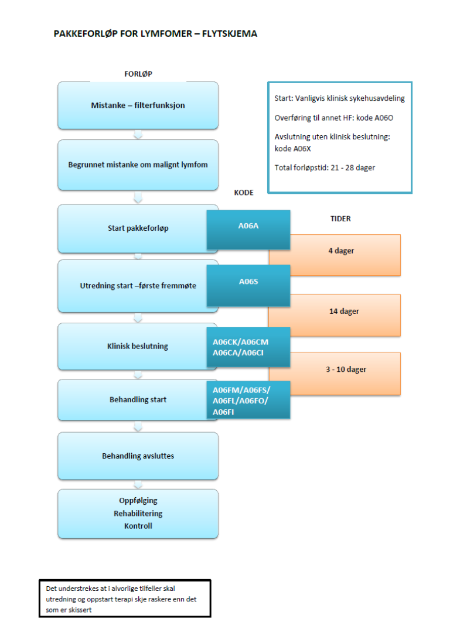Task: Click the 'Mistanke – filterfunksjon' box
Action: tap(138, 105)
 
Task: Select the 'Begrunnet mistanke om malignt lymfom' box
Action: tap(138, 165)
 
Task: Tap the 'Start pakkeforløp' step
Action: tap(132, 228)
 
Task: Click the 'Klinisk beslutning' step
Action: tap(132, 346)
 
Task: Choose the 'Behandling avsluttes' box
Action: tap(138, 456)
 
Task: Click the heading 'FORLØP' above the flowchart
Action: tap(138, 74)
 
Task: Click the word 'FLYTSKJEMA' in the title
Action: tap(229, 34)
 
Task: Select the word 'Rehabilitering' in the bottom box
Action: tap(138, 514)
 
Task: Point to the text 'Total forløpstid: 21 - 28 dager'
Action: tap(325, 168)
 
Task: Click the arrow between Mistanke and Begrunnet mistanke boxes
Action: tap(138, 135)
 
